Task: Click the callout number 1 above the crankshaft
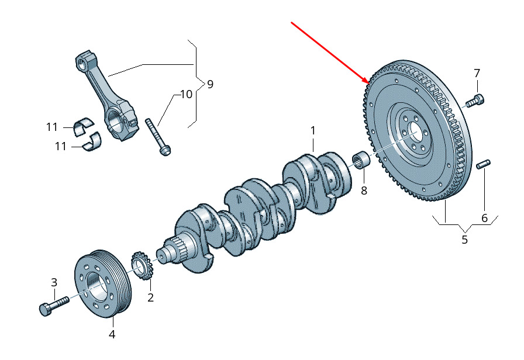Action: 313,130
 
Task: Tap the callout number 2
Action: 150,298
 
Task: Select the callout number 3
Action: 54,282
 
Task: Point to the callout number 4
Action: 112,335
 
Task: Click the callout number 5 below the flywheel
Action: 465,240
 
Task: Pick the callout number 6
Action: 484,218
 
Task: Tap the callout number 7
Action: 477,73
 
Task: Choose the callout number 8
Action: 364,191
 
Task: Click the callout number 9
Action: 210,84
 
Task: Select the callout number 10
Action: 185,94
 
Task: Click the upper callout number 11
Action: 53,126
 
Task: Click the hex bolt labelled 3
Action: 53,305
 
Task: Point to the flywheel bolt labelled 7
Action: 474,101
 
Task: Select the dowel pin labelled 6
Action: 484,164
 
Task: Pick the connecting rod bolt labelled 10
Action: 157,137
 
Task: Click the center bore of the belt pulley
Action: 95,285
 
